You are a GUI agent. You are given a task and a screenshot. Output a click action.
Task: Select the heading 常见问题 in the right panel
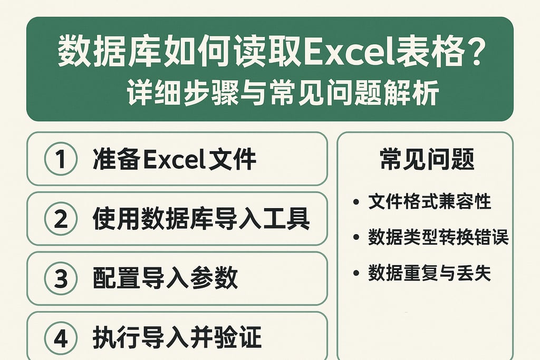pos(427,159)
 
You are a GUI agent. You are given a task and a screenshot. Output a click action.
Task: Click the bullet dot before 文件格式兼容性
pos(356,202)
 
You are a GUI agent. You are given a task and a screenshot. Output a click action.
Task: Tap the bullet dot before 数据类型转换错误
pos(356,238)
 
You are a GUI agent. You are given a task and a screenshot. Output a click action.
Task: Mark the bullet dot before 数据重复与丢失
pos(356,273)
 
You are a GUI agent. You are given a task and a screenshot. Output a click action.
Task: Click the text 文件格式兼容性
pos(430,202)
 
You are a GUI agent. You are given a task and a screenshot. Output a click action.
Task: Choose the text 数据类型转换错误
pos(438,238)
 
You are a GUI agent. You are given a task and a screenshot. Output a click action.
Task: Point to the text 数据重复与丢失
pos(430,273)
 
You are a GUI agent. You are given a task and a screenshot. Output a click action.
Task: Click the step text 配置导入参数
pos(165,278)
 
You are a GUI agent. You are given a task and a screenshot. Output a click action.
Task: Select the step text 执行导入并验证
pos(177,338)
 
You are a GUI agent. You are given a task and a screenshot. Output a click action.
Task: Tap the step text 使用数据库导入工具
pos(201,219)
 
